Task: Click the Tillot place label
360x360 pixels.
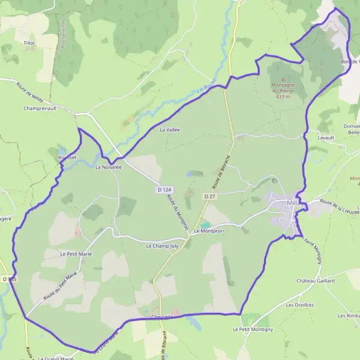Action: click(x=29, y=43)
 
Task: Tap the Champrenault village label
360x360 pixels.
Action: click(x=40, y=109)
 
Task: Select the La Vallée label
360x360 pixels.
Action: click(x=170, y=129)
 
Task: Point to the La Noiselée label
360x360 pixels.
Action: click(x=108, y=167)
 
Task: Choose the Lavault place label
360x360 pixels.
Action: click(x=325, y=137)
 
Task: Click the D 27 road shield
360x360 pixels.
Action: click(x=209, y=196)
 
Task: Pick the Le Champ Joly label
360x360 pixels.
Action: click(x=163, y=246)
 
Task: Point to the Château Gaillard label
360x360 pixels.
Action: click(x=315, y=280)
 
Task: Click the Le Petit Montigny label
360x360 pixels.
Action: click(x=253, y=329)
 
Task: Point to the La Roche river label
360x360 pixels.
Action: click(x=206, y=86)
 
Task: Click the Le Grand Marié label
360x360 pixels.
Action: click(x=55, y=358)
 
